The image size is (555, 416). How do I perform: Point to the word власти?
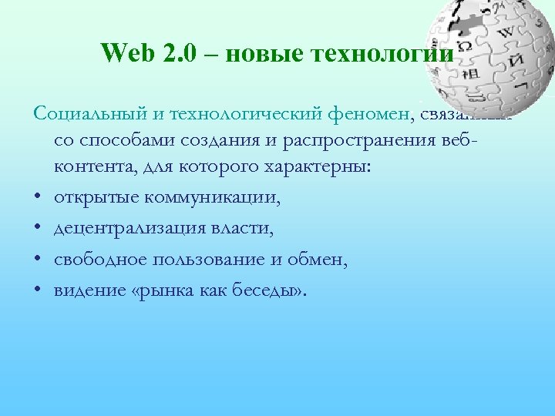(x=249, y=229)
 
